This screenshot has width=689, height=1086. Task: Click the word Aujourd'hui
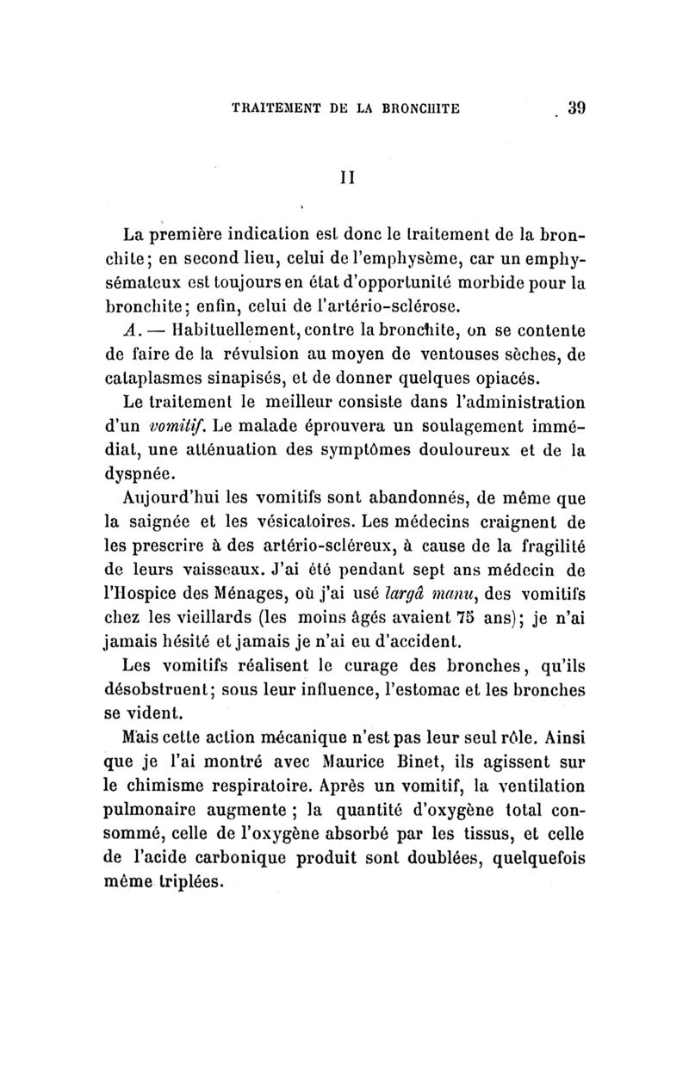click(x=168, y=498)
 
